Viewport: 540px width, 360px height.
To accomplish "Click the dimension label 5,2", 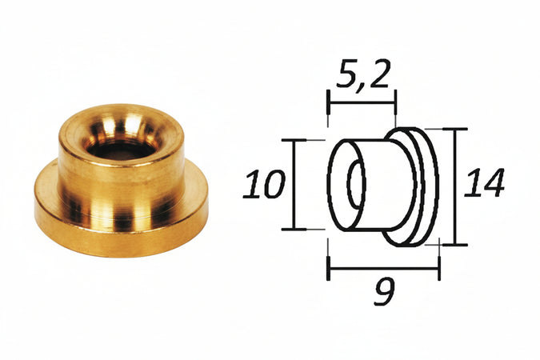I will (x=361, y=78).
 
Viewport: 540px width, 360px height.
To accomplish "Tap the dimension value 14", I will (x=485, y=185).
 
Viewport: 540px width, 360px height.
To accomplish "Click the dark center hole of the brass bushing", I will (x=120, y=149).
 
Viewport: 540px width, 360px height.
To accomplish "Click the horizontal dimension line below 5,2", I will (x=362, y=102).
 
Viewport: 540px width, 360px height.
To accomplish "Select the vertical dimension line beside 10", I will (x=294, y=186).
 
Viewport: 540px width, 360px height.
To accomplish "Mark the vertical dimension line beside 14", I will (x=455, y=186).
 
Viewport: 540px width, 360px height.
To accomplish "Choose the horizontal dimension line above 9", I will (x=384, y=269).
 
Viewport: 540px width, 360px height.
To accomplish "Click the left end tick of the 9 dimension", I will (x=328, y=269).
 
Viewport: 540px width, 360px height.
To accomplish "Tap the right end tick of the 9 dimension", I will (x=439, y=269).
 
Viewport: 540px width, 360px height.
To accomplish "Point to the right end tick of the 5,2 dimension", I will (x=395, y=102).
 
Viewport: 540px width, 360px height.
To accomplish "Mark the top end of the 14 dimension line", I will (x=455, y=129).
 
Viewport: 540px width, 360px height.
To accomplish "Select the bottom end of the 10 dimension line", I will (x=294, y=230).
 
